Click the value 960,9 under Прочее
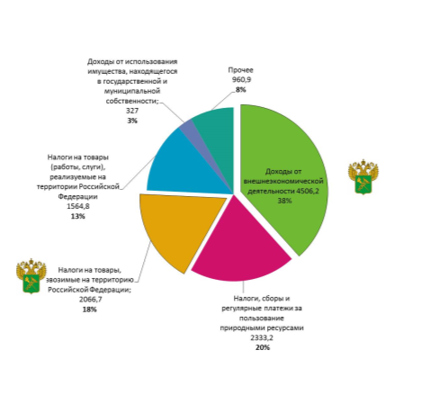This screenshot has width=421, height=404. tap(241, 80)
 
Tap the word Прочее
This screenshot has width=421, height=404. tap(240, 70)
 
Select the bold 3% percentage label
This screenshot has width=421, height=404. tap(132, 121)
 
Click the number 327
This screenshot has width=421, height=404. tap(132, 111)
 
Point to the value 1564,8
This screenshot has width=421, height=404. tap(78, 206)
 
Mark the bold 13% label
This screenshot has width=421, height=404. tap(78, 216)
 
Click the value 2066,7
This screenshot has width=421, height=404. tap(91, 300)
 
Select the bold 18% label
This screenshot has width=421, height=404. tap(89, 310)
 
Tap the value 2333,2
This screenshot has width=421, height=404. tap(262, 337)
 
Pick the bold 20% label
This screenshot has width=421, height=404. tap(263, 347)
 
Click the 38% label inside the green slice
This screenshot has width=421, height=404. tap(284, 201)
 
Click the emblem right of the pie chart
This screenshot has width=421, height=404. tap(363, 177)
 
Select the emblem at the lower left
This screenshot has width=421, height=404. tap(31, 276)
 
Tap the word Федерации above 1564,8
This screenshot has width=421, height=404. tap(77, 197)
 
